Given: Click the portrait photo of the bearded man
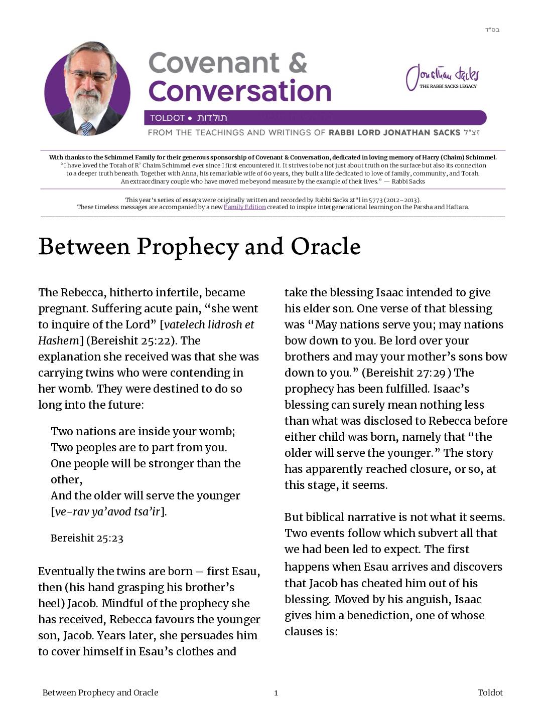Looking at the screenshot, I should click(x=87, y=89).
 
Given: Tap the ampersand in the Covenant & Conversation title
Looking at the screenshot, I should click(x=298, y=63).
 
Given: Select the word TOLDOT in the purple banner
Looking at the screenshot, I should click(x=167, y=118).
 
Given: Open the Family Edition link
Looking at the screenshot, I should click(x=244, y=207).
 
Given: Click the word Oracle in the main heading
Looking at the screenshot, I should click(x=326, y=247).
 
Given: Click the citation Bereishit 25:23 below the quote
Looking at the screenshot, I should click(x=87, y=539).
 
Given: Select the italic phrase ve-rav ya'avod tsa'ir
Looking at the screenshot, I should click(x=107, y=512).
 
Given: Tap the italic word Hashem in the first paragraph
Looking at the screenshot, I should click(x=59, y=341).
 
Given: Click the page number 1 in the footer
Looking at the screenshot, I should click(x=276, y=693).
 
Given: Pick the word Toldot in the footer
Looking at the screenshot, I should click(x=490, y=692).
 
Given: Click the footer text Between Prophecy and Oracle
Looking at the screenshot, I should click(x=100, y=692).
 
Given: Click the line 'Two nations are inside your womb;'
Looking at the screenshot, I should click(x=143, y=432).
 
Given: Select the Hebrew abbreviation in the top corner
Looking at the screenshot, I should click(x=492, y=30).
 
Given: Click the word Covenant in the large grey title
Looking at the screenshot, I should click(x=214, y=63).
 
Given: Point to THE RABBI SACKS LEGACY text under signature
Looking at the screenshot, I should click(x=448, y=86).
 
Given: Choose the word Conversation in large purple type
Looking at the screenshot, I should click(x=240, y=91).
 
